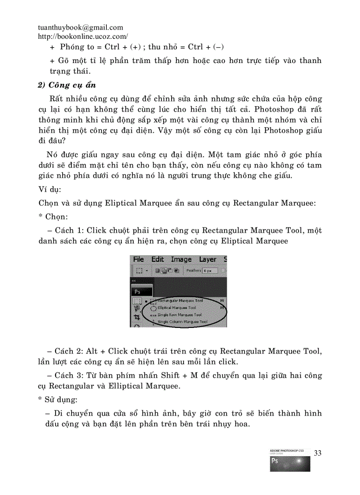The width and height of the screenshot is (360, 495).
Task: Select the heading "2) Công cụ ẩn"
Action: pos(67,86)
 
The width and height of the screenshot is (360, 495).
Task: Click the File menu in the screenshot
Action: pos(139,259)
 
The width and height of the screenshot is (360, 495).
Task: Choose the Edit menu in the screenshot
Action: pos(157,259)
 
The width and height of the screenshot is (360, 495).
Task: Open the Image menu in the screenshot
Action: pos(181,259)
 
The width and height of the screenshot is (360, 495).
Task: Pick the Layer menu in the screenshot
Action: pos(207,259)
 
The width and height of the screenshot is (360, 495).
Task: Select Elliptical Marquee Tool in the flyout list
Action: pos(176,308)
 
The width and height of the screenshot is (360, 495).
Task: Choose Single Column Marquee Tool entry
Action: pos(182,322)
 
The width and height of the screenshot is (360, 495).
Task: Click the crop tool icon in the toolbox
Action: pos(136,317)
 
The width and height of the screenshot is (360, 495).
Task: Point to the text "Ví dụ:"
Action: pos(50,190)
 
